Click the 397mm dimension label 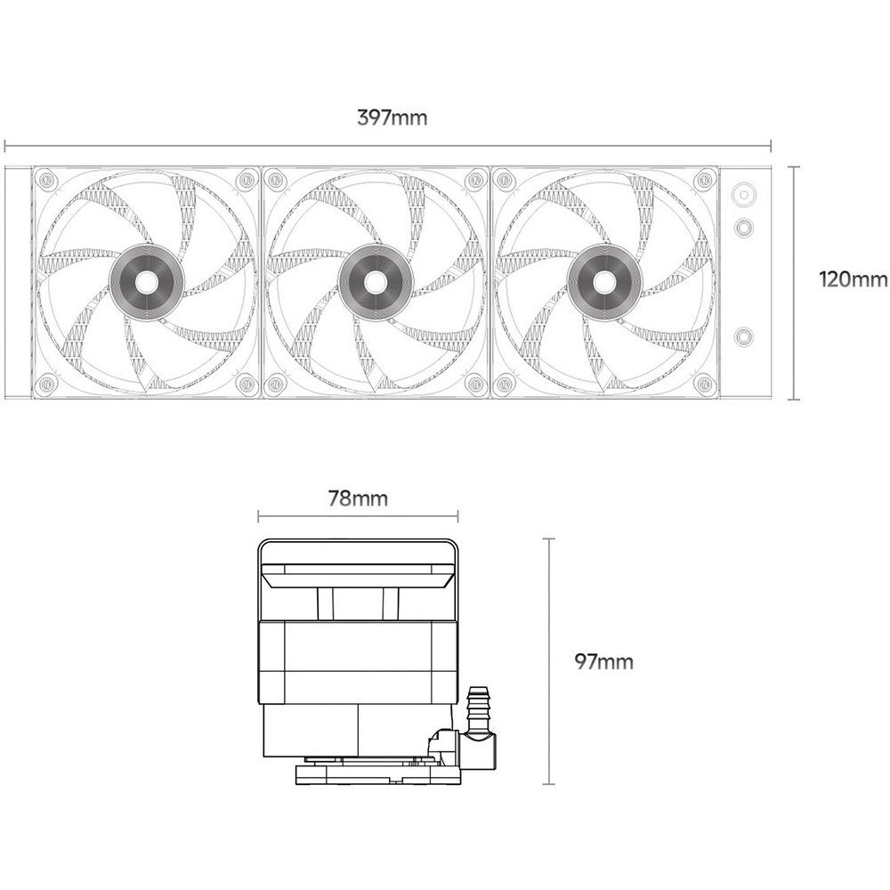tap(392, 117)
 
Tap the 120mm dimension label tap(854, 279)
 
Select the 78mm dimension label tap(358, 498)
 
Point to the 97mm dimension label tap(604, 661)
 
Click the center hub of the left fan tap(146, 282)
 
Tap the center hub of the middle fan tap(376, 282)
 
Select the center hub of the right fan tap(605, 282)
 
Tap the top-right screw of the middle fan tap(474, 180)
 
